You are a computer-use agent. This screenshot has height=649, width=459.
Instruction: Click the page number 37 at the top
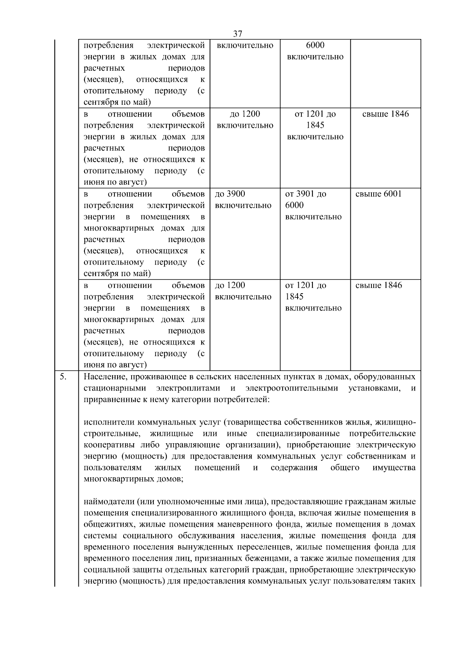237,34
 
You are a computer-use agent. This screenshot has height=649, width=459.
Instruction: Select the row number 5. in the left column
63,377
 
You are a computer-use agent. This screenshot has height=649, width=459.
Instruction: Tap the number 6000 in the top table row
315,46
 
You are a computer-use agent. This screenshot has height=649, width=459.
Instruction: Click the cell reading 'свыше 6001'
378,194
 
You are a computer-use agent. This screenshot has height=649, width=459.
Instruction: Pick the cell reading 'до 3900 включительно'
243,200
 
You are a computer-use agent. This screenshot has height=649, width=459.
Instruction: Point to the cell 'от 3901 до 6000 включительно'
313,205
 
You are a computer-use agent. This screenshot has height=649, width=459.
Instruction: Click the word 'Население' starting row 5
105,377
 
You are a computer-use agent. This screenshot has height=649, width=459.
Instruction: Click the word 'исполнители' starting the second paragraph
109,422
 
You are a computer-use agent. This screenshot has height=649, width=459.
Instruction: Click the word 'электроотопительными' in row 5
292,388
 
